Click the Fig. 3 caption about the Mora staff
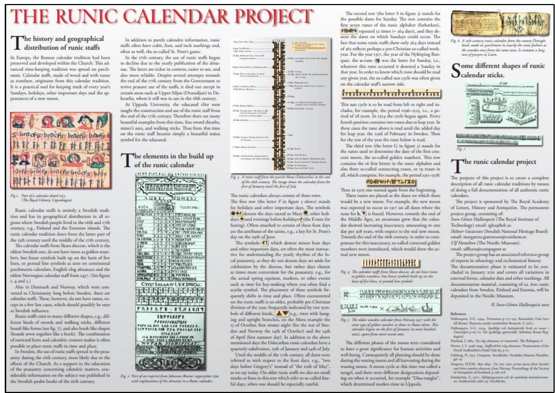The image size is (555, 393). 280,182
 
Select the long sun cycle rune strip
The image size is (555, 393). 390,94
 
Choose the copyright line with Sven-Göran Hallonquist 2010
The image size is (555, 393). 520,304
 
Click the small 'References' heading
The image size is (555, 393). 458,314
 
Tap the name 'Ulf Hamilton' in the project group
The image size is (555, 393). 463,243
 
